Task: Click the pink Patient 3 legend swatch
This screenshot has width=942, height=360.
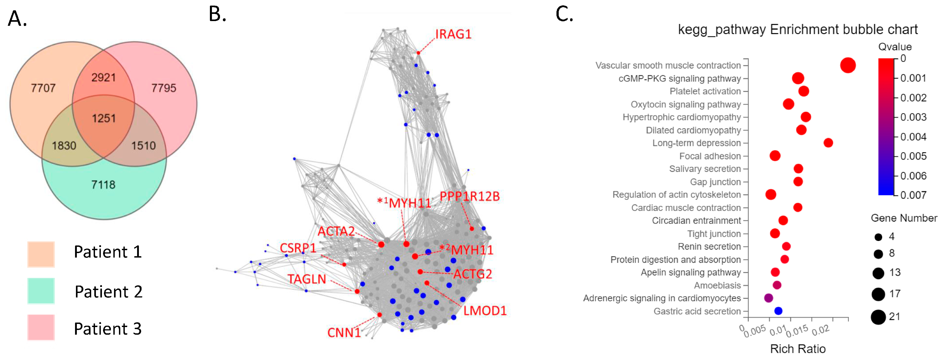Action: coord(41,327)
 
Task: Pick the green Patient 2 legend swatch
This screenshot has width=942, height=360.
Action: coord(41,291)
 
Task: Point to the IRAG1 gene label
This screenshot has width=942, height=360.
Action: coord(453,34)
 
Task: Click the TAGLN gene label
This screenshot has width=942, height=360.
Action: coord(306,279)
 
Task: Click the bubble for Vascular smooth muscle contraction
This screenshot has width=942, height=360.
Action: coord(848,65)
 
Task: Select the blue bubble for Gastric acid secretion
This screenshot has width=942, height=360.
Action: coord(778,311)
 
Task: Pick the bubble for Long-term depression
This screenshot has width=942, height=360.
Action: coord(828,143)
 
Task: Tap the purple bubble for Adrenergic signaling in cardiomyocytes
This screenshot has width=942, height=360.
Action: coord(768,298)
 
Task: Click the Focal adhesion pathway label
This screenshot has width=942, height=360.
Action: coord(709,156)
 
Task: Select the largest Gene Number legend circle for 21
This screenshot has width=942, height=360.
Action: coord(878,317)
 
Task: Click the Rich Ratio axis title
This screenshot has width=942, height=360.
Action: coord(798,349)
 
